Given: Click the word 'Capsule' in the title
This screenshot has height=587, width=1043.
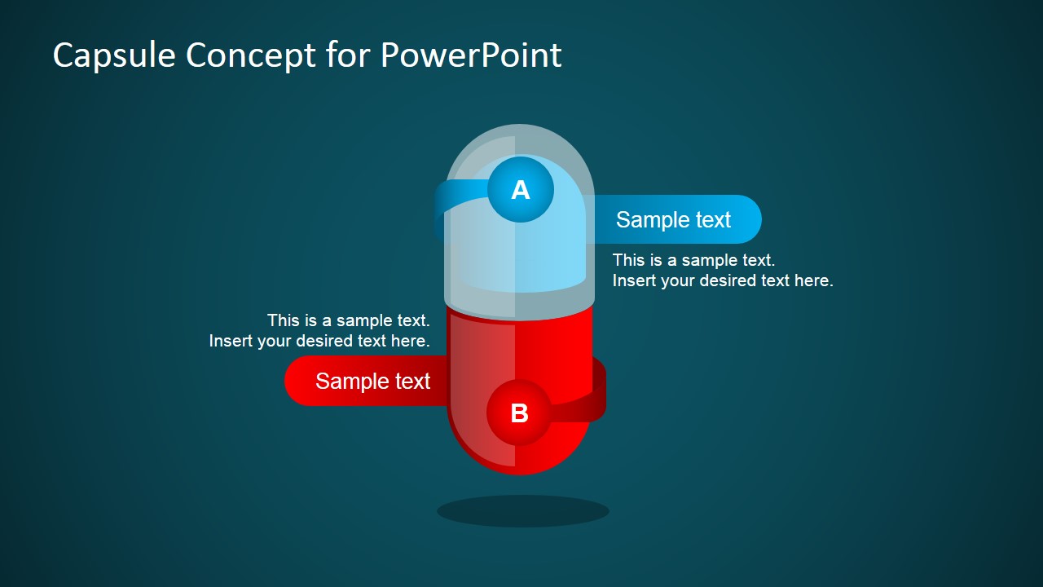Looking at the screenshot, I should tap(115, 55).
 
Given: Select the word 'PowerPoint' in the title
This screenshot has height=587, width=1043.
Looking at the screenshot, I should tap(471, 55).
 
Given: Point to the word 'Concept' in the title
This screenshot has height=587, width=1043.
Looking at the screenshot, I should tap(250, 55).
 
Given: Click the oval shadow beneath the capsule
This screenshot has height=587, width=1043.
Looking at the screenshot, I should tap(522, 511).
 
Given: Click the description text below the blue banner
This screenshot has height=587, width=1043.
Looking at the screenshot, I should tap(722, 270).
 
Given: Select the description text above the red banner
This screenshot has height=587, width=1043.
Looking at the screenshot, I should tap(319, 330).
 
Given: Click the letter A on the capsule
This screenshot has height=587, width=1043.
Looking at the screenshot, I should tap(521, 190).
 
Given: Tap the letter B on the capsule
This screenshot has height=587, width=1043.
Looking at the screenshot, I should tap(519, 413).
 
